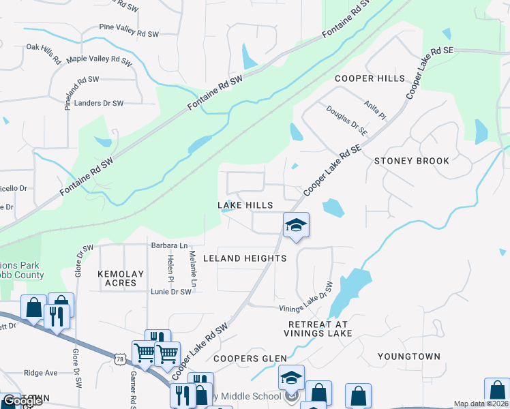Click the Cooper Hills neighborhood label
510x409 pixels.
coord(370,78)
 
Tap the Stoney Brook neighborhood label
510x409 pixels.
coord(412,161)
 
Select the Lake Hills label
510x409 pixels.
coord(245,205)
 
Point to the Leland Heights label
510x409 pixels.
coord(253,258)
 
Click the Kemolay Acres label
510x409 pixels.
coord(121,278)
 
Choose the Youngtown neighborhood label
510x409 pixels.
coord(409,356)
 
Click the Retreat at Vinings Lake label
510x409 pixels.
coord(320,329)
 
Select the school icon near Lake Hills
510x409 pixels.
coord(296,224)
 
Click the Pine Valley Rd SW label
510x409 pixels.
coord(128,33)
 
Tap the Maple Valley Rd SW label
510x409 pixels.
coord(99,60)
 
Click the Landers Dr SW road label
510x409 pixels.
coord(98,103)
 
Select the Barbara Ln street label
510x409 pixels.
coord(169,245)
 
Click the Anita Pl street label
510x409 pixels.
coord(376,108)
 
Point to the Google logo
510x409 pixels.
coord(22,401)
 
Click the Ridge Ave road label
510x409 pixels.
coord(41,373)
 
